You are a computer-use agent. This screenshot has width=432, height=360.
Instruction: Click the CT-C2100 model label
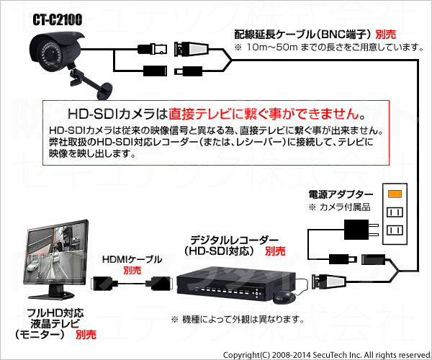[x=58, y=20]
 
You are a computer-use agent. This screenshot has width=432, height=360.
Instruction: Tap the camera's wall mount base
[x=105, y=91]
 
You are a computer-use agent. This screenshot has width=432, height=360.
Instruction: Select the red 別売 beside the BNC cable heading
[x=385, y=35]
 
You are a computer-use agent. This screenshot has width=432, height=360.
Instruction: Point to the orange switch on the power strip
[x=395, y=194]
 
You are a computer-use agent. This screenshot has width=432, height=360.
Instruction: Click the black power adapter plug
[x=361, y=230]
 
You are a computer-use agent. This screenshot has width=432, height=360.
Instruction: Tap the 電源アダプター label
[x=341, y=194]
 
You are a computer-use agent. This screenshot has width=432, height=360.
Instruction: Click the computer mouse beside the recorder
[x=284, y=297]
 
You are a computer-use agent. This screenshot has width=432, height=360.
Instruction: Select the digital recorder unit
[x=236, y=284]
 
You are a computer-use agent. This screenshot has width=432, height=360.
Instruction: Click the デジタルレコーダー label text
[x=234, y=240]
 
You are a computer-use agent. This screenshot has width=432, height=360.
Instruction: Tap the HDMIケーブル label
[x=132, y=259]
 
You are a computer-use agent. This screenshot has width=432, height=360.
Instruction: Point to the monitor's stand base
[x=51, y=295]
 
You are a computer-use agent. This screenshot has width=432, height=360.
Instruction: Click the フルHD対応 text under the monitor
[x=55, y=313]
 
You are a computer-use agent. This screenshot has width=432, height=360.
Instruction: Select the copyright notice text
[x=327, y=355]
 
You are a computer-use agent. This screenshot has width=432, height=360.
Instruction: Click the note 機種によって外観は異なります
[x=238, y=320]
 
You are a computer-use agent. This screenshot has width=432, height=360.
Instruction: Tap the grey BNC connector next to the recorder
[x=328, y=282]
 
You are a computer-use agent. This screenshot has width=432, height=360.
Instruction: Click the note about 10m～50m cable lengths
[x=329, y=47]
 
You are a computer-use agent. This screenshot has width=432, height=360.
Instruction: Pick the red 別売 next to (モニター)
[x=86, y=335]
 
